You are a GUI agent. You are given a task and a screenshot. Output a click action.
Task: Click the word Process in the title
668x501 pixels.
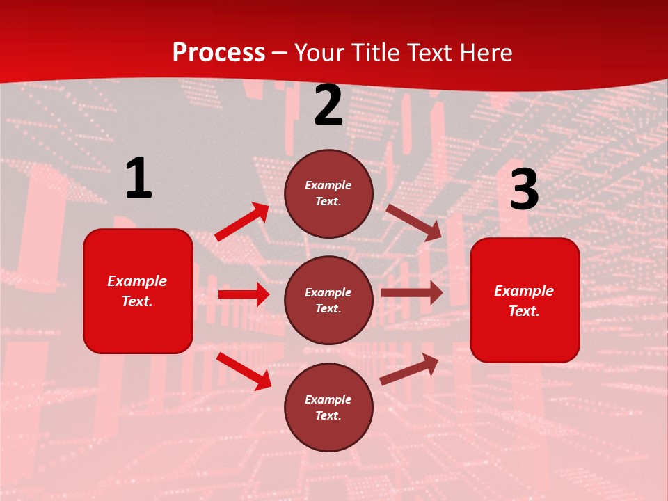tap(218, 53)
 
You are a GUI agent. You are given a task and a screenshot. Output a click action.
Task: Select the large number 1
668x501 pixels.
tap(138, 179)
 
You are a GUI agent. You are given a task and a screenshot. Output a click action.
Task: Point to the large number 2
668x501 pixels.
tap(328, 106)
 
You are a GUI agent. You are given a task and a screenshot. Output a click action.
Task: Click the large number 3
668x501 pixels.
tap(524, 190)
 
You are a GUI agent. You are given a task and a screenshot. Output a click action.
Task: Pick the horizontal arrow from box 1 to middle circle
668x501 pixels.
tap(244, 294)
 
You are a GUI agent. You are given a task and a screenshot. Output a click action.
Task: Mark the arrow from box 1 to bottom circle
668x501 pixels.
tap(244, 371)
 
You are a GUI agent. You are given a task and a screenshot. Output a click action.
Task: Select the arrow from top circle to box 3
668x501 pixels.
tap(414, 222)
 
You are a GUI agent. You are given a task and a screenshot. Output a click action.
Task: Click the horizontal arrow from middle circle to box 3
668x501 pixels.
tap(411, 293)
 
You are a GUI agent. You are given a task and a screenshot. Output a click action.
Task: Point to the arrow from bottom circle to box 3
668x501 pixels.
tap(409, 369)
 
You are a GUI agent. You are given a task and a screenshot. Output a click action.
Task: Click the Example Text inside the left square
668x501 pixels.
tap(137, 291)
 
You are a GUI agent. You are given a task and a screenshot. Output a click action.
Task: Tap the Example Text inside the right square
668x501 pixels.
tap(524, 301)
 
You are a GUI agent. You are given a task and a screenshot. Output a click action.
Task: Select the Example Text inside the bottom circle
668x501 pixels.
tap(328, 407)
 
